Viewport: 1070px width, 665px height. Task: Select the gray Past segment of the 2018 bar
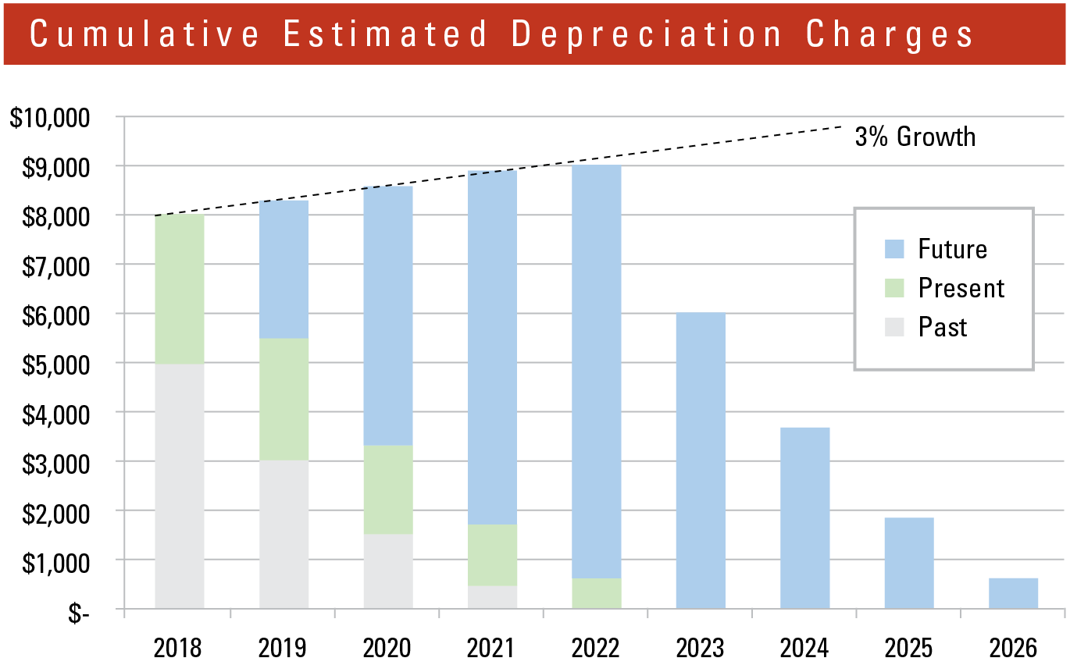point(180,485)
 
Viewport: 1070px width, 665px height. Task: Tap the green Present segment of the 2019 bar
point(284,399)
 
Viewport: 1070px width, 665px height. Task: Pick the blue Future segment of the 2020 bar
point(388,315)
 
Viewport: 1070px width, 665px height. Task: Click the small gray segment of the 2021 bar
point(492,597)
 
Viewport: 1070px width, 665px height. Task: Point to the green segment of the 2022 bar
point(597,593)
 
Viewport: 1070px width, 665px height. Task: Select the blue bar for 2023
point(701,461)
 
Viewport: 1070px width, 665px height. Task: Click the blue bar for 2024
point(805,518)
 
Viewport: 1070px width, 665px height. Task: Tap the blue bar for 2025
point(909,563)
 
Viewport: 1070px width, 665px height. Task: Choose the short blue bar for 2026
point(1013,593)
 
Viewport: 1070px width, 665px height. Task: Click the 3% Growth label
point(915,137)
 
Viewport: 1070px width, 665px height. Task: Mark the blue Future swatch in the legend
point(894,249)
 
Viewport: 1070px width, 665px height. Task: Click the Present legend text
point(961,288)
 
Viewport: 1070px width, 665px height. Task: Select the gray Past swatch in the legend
point(894,327)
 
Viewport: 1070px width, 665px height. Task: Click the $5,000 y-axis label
point(53,363)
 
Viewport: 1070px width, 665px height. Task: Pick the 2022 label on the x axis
point(596,647)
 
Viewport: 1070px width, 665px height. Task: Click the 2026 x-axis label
point(1013,647)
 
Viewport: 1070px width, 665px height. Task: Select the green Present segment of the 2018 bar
point(180,290)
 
